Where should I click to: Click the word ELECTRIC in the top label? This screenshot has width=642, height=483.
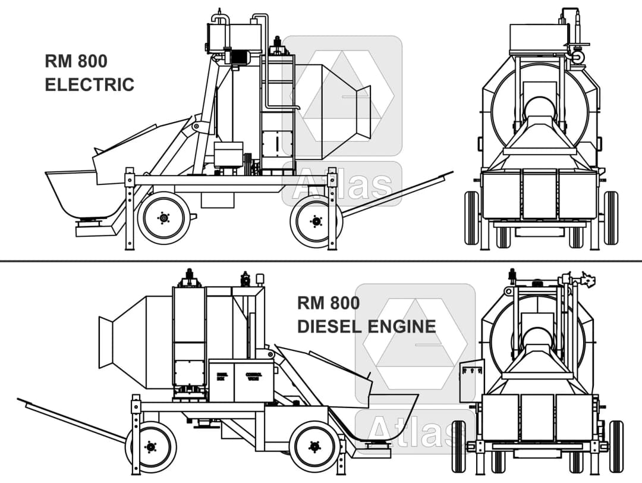pyautogui.click(x=89, y=84)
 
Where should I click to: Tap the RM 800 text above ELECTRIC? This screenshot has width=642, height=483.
pyautogui.click(x=75, y=61)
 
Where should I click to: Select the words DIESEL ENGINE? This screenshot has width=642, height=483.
pyautogui.click(x=366, y=326)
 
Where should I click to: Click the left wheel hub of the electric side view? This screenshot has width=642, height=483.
pyautogui.click(x=163, y=218)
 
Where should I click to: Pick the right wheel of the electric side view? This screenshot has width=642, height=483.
pyautogui.click(x=316, y=222)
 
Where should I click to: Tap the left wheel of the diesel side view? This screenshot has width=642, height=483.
pyautogui.click(x=150, y=446)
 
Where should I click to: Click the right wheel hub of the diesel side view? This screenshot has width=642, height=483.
pyautogui.click(x=314, y=446)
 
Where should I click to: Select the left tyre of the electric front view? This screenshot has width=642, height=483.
pyautogui.click(x=471, y=218)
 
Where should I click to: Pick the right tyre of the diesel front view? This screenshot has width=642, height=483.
pyautogui.click(x=616, y=446)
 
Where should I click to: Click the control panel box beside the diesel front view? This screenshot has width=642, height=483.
pyautogui.click(x=471, y=380)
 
